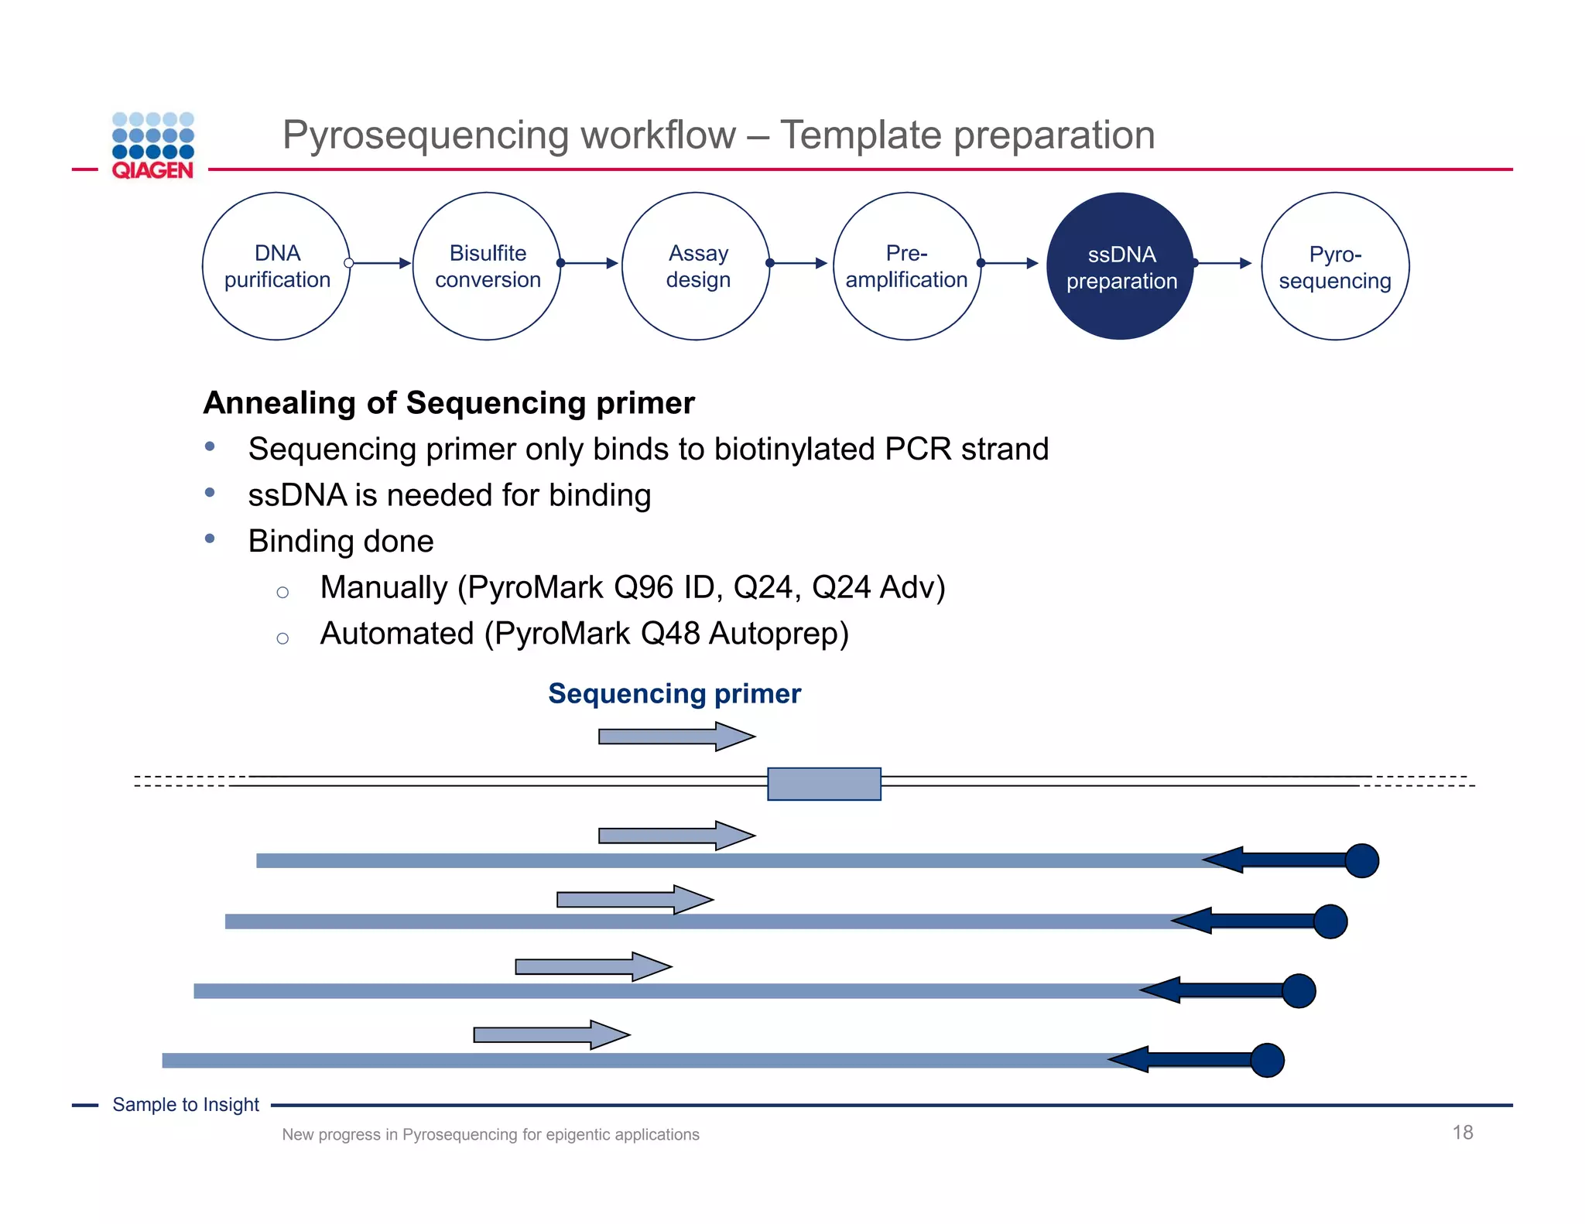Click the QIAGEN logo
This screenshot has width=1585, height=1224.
coord(152,146)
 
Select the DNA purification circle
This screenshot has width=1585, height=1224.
coord(276,266)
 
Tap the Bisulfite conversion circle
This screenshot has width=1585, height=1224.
coord(487,266)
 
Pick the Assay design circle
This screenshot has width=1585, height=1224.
coord(697,266)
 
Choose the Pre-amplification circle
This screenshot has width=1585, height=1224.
coord(906,266)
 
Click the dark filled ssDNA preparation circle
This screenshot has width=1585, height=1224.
coord(1121,266)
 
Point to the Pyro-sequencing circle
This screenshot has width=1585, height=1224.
coord(1334,266)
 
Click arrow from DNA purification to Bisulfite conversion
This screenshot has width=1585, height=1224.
coord(381,263)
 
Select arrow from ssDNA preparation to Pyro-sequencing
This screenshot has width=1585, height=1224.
coord(1224,263)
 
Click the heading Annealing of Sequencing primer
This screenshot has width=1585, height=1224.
coord(449,403)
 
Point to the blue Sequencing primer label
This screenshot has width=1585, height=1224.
coord(674,693)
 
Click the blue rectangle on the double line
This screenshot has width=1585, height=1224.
coord(823,784)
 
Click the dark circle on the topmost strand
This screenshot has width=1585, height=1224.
coord(1361,860)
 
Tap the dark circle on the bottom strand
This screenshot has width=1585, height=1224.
coord(1267,1060)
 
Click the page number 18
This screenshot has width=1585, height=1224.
coord(1462,1133)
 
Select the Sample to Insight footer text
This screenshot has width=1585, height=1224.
coord(186,1105)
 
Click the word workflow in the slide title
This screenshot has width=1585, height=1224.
coord(658,135)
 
